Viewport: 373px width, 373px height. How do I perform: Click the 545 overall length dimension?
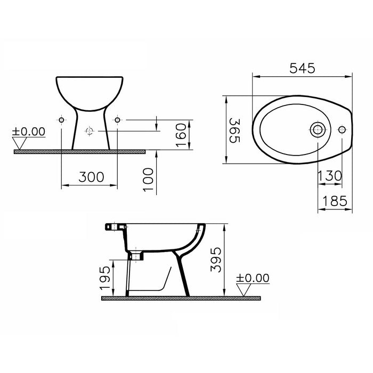click(x=302, y=68)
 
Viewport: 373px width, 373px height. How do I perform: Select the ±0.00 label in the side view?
click(x=254, y=278)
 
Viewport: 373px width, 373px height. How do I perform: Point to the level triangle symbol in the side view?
click(x=246, y=289)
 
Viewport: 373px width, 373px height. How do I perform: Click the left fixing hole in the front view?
click(x=62, y=120)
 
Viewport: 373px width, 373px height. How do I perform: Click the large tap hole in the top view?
click(x=318, y=129)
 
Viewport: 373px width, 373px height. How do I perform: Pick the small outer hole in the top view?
click(x=342, y=129)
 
